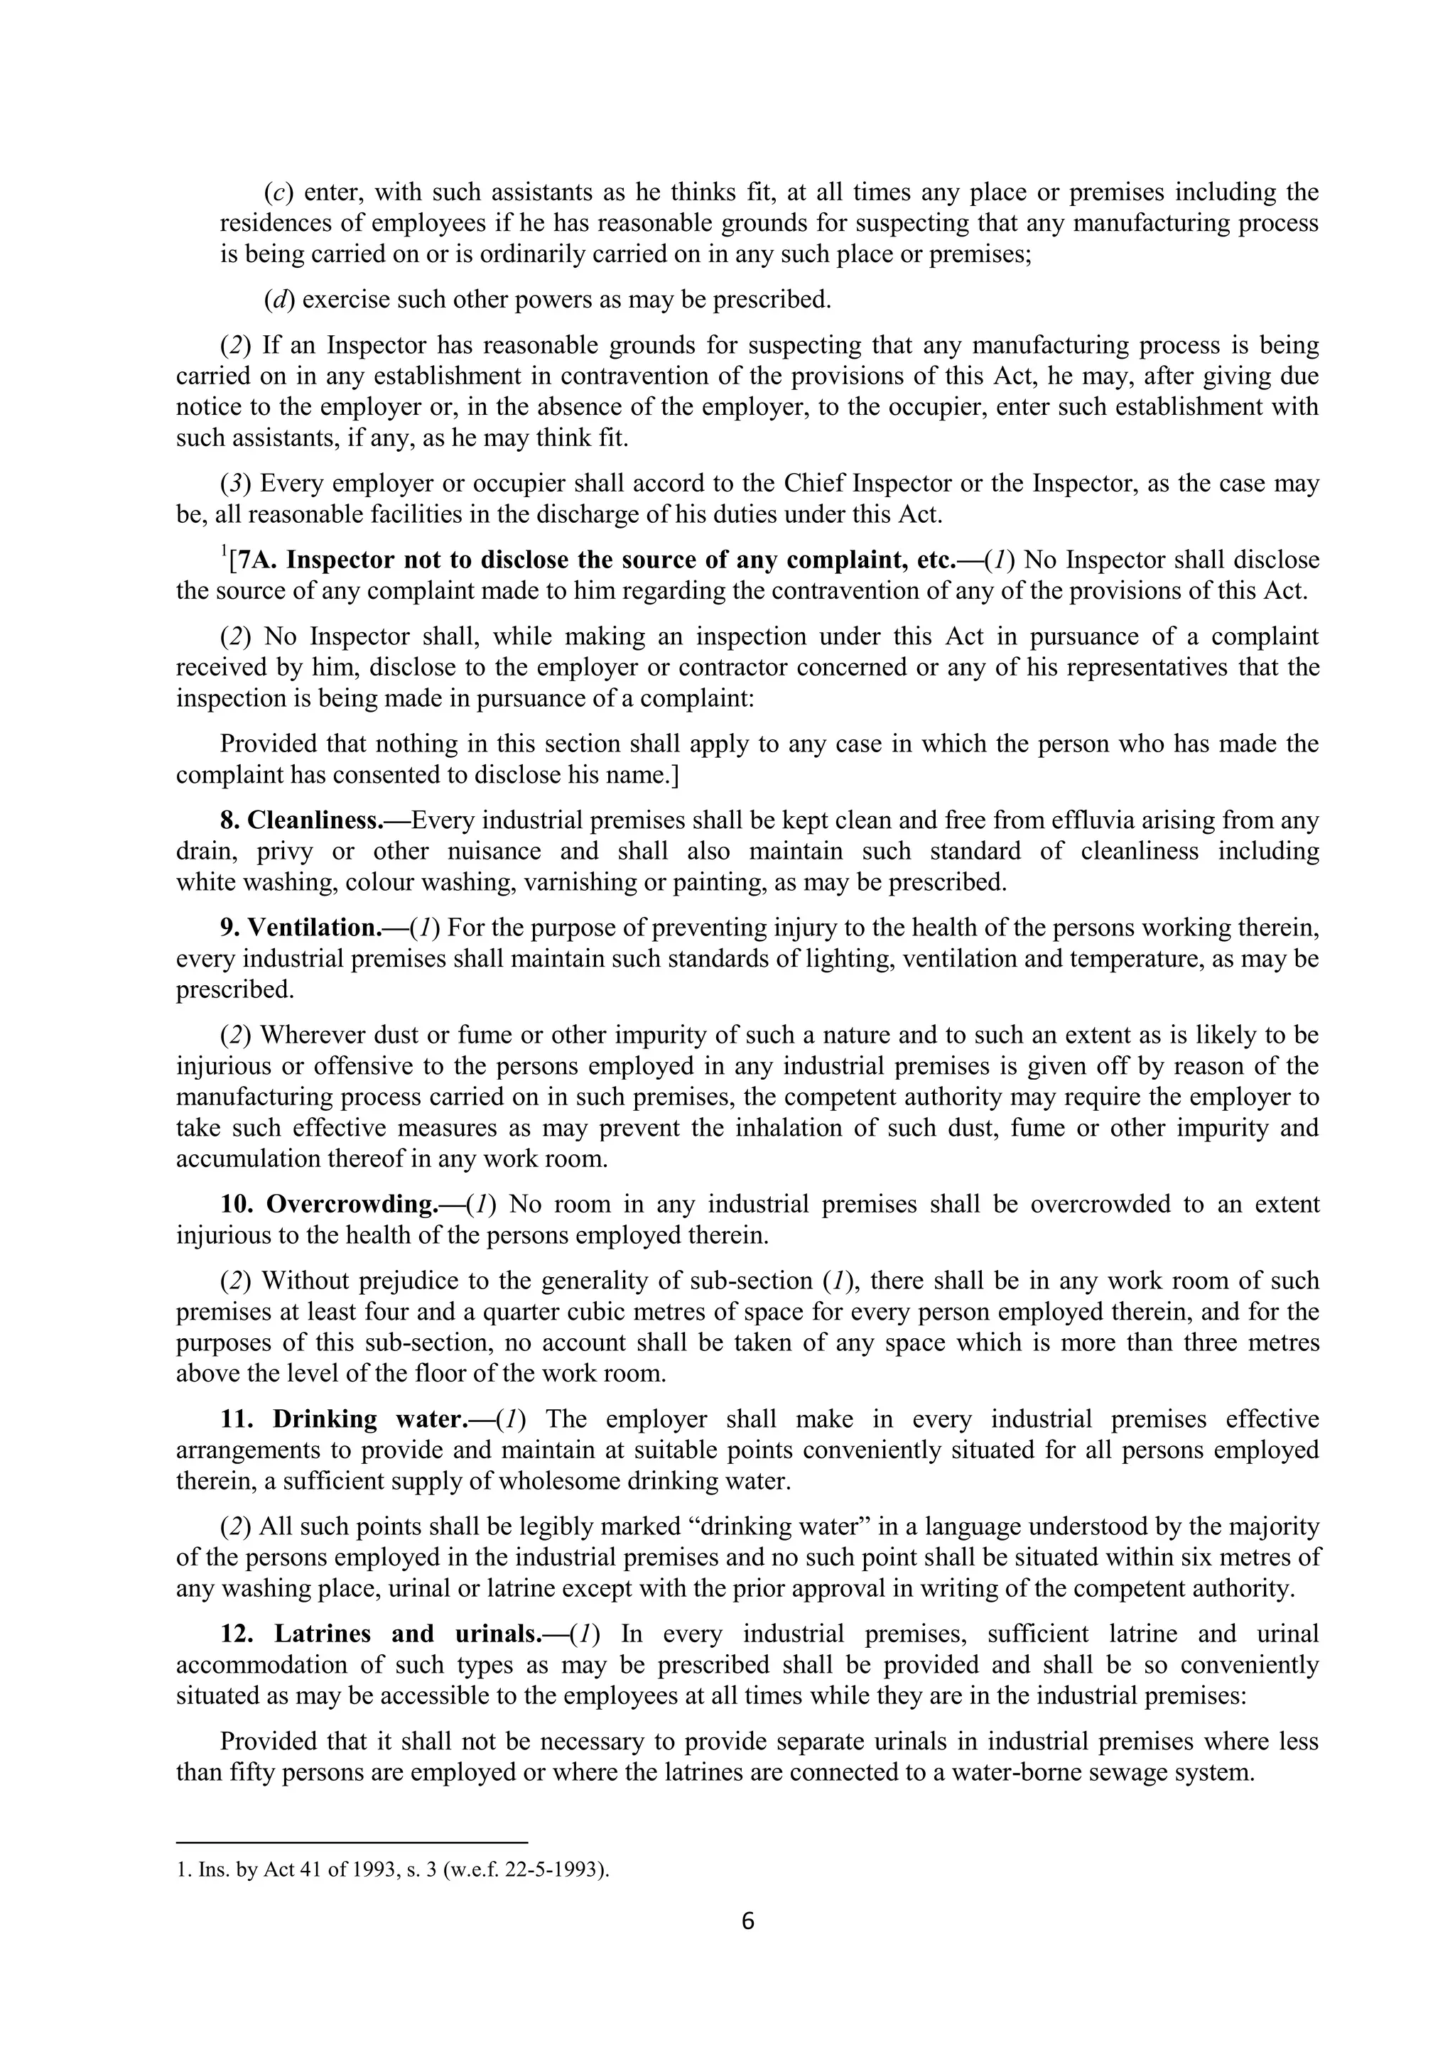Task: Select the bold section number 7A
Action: (254, 561)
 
